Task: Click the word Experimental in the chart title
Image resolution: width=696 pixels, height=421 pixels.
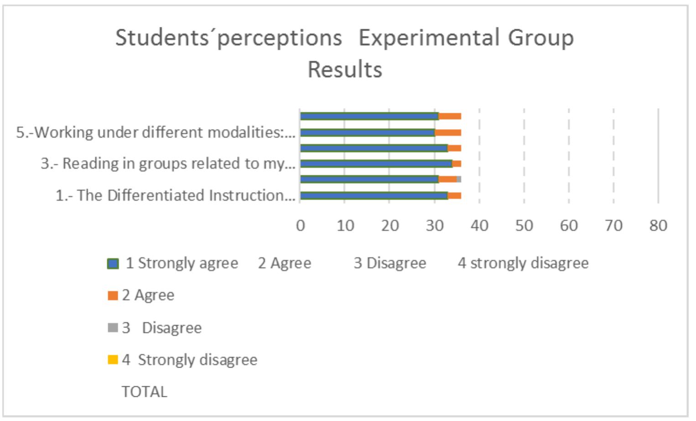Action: (x=429, y=37)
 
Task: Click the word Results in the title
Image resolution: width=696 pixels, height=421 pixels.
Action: (x=345, y=70)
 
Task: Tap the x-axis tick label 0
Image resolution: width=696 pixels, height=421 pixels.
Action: (x=300, y=225)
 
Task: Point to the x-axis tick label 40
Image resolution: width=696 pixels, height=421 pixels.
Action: (x=479, y=225)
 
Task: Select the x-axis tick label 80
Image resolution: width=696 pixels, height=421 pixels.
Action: (x=658, y=225)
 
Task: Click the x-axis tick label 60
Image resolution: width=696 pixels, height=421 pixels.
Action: (x=568, y=225)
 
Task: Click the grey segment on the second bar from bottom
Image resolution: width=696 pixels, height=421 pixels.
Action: (x=459, y=179)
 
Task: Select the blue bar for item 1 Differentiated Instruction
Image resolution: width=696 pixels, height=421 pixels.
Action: (x=374, y=196)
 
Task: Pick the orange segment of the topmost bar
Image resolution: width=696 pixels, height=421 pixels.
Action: (x=450, y=116)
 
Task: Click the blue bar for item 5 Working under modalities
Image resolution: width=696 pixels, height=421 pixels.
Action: (x=368, y=133)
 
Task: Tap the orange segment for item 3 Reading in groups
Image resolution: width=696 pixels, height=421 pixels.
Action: (x=457, y=164)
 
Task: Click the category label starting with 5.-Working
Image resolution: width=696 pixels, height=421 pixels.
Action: (x=156, y=132)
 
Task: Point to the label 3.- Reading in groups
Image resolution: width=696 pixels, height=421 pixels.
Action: (x=168, y=163)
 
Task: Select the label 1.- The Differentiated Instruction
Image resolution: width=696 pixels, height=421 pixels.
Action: (x=175, y=195)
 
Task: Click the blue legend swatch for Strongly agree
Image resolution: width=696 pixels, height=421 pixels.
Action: (x=113, y=264)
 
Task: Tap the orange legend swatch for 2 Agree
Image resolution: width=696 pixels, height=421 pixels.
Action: (x=113, y=296)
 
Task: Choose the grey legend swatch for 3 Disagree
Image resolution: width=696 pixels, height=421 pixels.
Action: (x=113, y=327)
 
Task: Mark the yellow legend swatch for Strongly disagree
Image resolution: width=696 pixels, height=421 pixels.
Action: (x=113, y=360)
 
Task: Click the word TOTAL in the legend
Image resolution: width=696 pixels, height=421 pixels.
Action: (x=144, y=392)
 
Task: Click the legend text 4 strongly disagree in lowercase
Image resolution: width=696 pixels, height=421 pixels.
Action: (x=523, y=263)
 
